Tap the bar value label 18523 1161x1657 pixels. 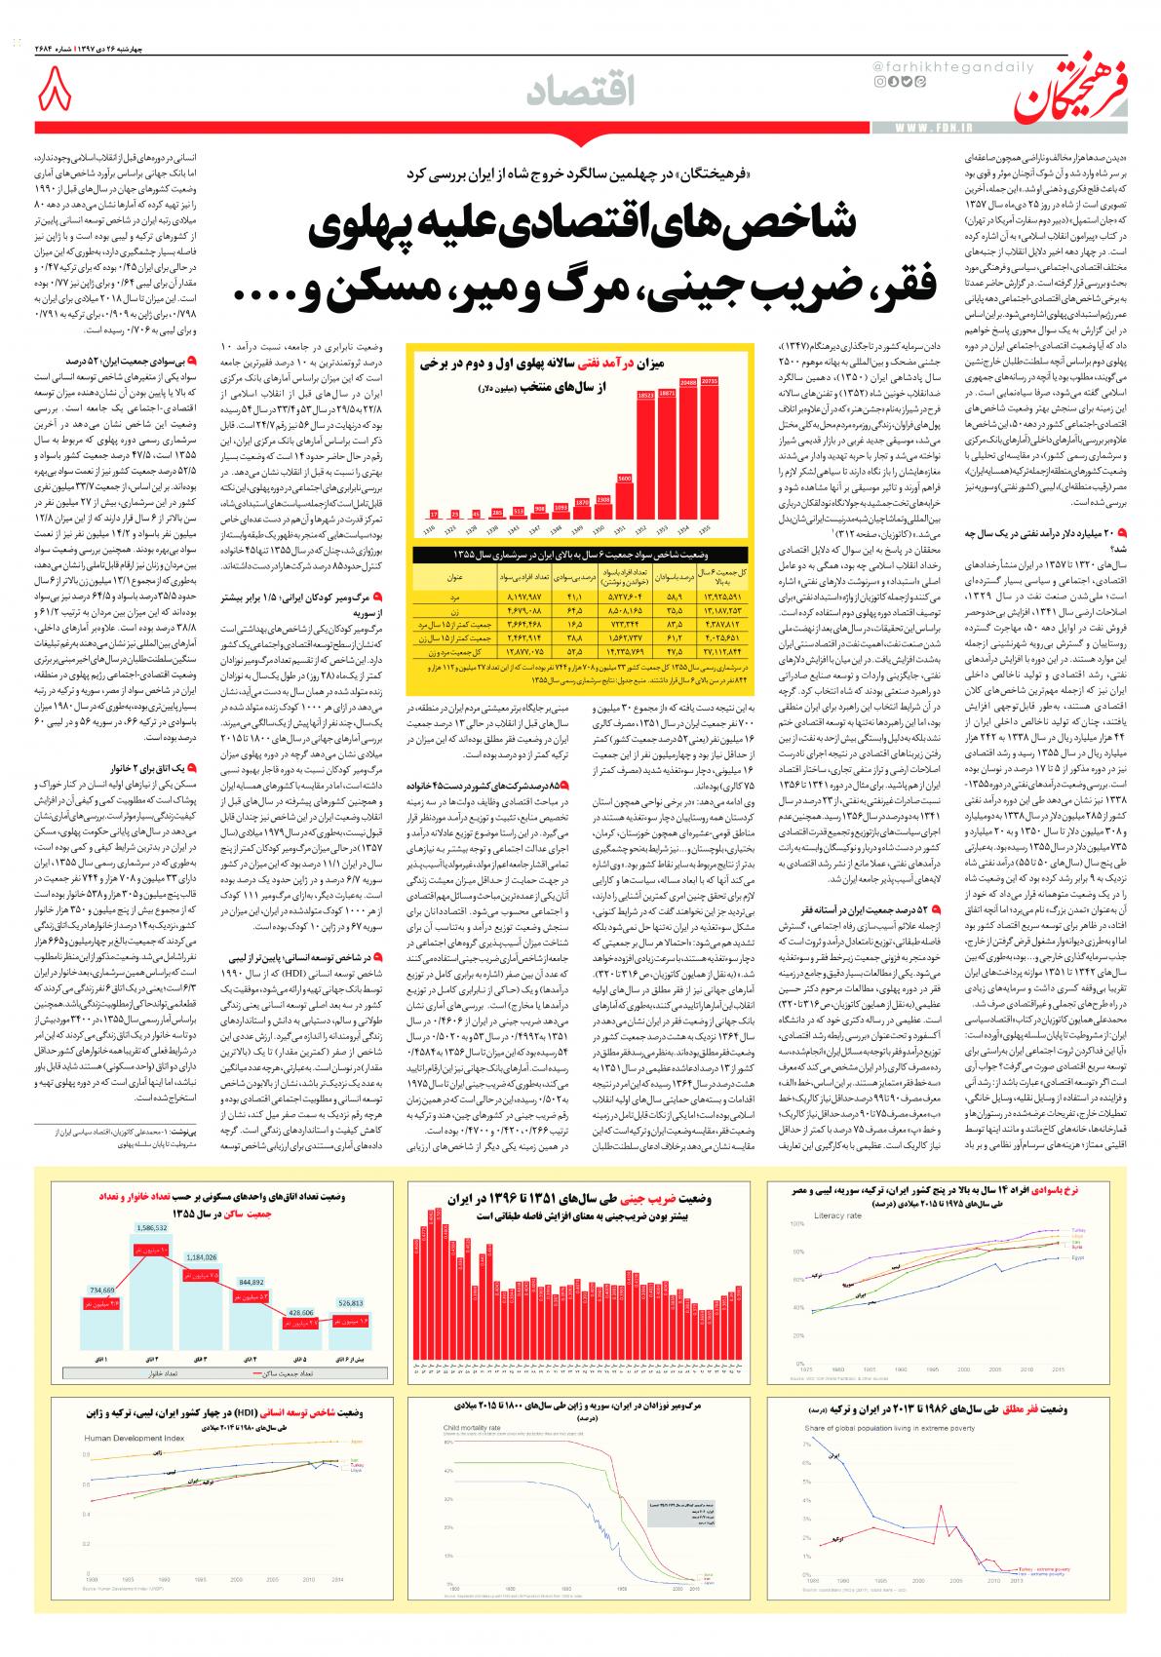click(644, 396)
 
